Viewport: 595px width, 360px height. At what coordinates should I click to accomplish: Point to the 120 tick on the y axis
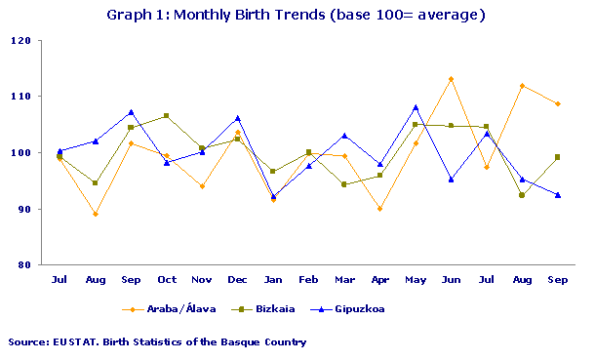click(20, 41)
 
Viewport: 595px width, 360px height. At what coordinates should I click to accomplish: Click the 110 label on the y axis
click(20, 97)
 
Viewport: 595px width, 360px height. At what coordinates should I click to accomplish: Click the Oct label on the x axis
click(166, 280)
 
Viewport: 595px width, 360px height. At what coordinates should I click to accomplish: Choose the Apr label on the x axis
click(379, 280)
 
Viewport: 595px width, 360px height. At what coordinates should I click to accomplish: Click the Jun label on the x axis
click(451, 280)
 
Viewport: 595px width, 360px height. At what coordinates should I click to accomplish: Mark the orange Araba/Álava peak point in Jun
click(451, 79)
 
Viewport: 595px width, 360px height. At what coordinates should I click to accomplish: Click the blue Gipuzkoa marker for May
click(416, 107)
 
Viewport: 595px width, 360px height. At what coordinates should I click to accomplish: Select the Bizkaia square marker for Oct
click(166, 116)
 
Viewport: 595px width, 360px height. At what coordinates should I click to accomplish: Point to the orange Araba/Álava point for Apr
click(379, 209)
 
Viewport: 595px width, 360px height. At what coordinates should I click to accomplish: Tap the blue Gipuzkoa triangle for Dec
click(237, 118)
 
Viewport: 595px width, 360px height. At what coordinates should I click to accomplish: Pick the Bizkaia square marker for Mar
click(344, 184)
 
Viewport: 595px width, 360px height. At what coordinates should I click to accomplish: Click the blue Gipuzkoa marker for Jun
click(451, 180)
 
